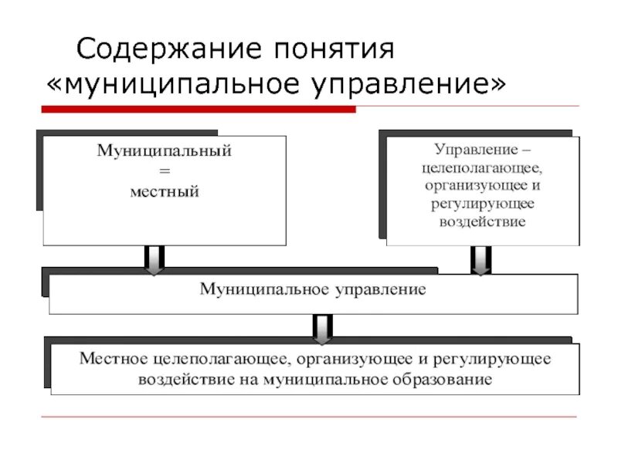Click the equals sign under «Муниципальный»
[164, 171]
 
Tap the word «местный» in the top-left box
[164, 190]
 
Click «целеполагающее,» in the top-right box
[482, 167]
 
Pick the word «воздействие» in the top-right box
[482, 221]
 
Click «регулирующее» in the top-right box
[482, 204]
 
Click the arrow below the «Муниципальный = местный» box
[154, 260]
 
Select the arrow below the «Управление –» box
[481, 260]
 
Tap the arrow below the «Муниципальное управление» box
[322, 327]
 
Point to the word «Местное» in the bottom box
[114, 359]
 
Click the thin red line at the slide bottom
[309, 417]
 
